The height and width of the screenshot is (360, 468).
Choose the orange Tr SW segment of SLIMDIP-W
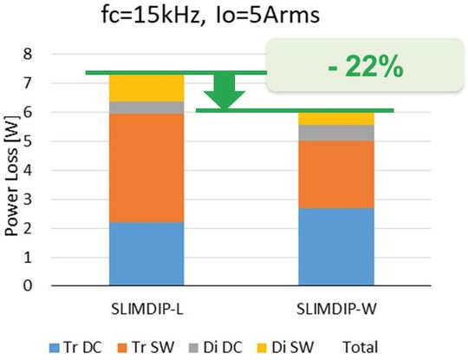pyautogui.click(x=336, y=174)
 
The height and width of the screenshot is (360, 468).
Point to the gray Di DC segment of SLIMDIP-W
pyautogui.click(x=336, y=133)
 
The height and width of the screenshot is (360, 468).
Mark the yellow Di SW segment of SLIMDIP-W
pyautogui.click(x=336, y=118)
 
